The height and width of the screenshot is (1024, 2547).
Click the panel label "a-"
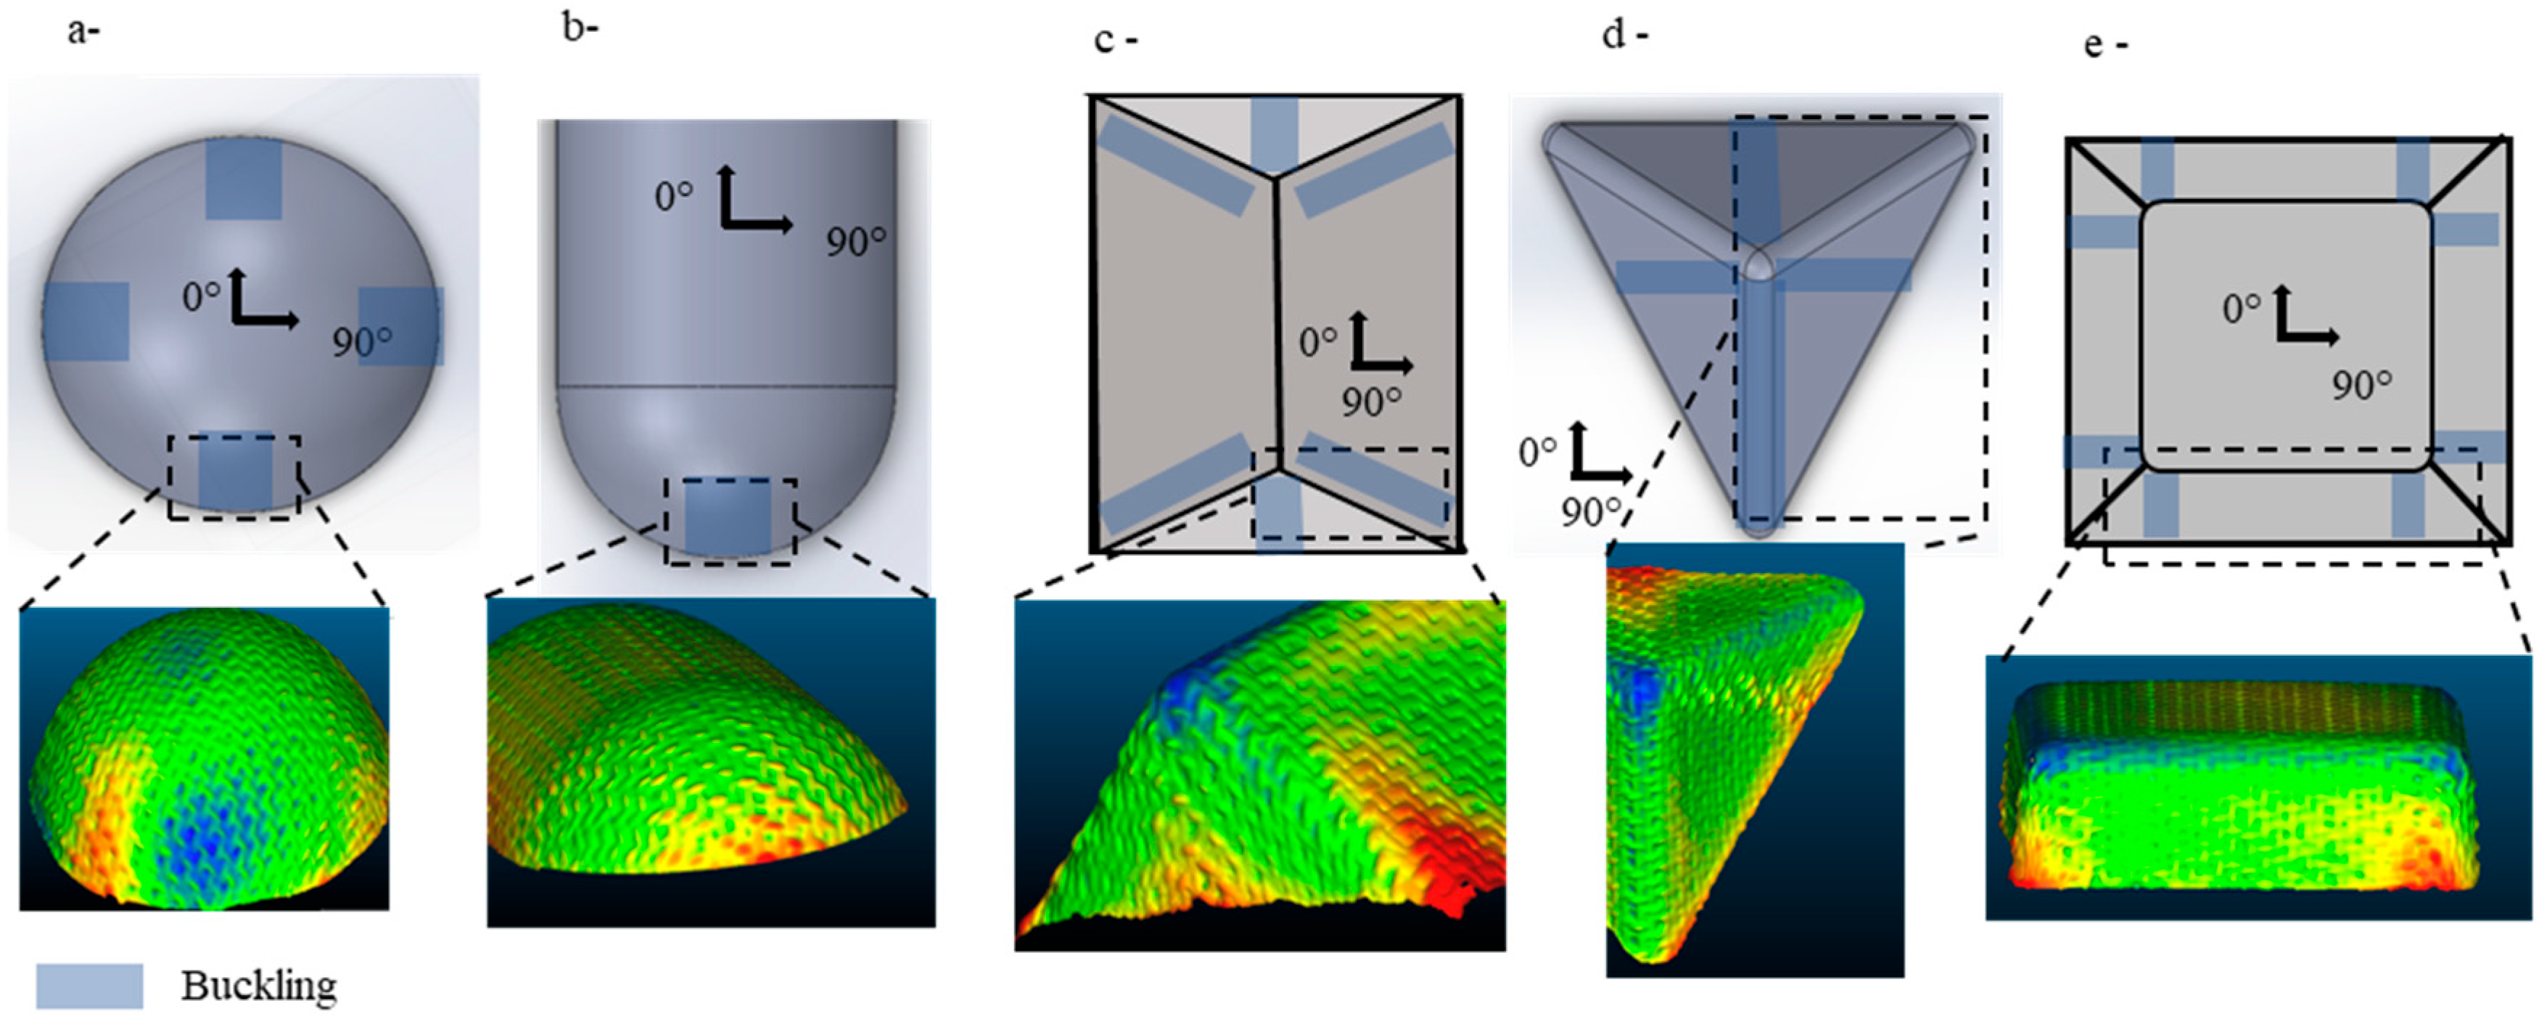click(83, 32)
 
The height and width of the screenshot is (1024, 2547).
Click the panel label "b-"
click(580, 29)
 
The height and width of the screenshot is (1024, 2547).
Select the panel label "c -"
click(1116, 41)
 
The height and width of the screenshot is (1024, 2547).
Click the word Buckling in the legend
click(259, 986)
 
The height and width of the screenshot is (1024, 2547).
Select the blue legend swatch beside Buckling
click(89, 986)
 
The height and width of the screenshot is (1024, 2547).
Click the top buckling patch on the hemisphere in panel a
click(243, 179)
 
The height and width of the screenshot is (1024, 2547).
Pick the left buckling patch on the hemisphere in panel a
click(86, 322)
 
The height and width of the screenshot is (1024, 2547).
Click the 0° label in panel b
click(673, 197)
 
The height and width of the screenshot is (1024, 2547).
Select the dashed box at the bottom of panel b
click(730, 521)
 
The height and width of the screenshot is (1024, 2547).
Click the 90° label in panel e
click(2362, 385)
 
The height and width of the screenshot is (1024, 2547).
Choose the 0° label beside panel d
click(1537, 453)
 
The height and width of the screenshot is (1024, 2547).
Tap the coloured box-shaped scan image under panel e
click(2258, 787)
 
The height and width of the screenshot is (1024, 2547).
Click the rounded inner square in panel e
click(2285, 336)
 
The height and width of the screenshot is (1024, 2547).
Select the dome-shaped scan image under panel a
click(205, 759)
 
